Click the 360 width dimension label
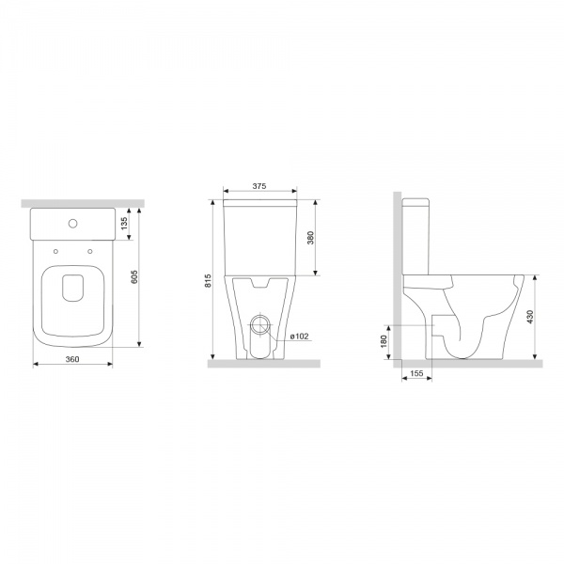click(x=72, y=359)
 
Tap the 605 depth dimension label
click(x=134, y=277)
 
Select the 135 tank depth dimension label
click(x=124, y=224)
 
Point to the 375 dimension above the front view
click(x=259, y=186)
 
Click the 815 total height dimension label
click(x=208, y=281)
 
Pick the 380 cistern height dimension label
click(x=310, y=238)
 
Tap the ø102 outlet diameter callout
click(x=300, y=337)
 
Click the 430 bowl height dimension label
click(x=530, y=317)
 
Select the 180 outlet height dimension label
click(x=384, y=341)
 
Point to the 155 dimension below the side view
click(x=416, y=373)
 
